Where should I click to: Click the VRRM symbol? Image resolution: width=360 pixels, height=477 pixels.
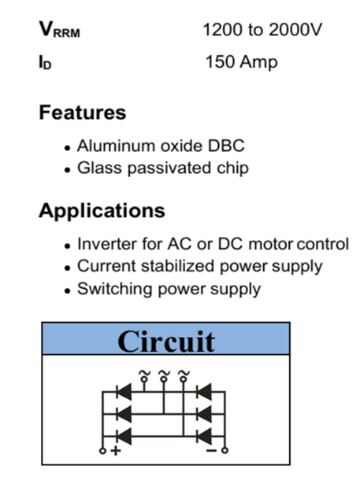[x=59, y=29]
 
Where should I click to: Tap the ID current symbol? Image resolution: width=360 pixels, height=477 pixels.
[x=45, y=62]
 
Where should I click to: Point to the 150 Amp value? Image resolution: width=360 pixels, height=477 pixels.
[x=242, y=62]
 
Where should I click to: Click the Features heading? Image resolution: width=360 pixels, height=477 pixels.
[x=83, y=113]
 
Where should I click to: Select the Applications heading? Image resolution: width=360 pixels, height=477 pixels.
[x=102, y=211]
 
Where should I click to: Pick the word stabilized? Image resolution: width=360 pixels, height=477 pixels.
[x=178, y=266]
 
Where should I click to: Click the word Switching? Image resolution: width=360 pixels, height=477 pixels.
[x=114, y=289]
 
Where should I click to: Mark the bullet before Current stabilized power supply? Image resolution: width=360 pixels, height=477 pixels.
[x=67, y=268]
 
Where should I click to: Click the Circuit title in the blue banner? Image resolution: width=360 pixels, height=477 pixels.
[x=166, y=342]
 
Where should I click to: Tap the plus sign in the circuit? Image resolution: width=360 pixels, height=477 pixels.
[x=116, y=450]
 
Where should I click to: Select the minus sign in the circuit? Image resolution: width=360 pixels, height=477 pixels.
[x=211, y=450]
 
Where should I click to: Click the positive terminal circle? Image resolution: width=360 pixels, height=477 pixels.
[x=103, y=451]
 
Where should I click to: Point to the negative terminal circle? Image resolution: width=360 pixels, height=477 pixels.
[x=225, y=450]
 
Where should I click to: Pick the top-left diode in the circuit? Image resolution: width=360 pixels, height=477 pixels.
[x=124, y=392]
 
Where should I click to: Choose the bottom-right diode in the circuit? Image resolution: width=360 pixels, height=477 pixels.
[x=204, y=436]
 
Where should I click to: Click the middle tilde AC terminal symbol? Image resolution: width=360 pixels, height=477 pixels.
[x=164, y=376]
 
